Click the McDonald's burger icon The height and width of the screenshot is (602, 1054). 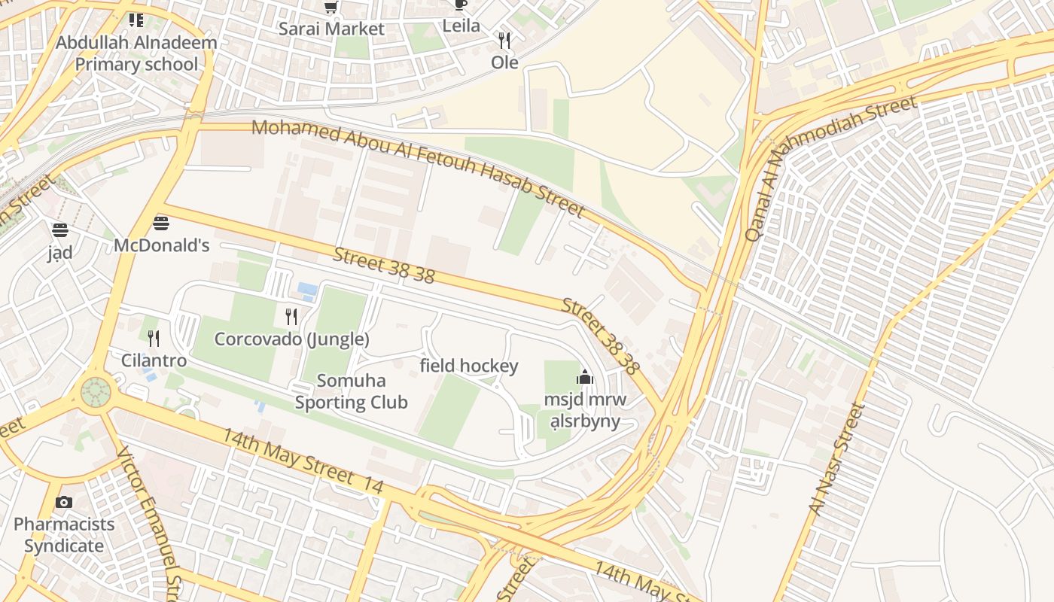pyautogui.click(x=160, y=223)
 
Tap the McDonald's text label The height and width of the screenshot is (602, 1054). pyautogui.click(x=161, y=245)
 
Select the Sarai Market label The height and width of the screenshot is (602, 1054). pyautogui.click(x=331, y=29)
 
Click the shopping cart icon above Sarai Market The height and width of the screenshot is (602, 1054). pyautogui.click(x=331, y=8)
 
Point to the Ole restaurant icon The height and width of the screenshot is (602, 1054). pyautogui.click(x=504, y=40)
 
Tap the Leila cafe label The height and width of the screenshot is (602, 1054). pyautogui.click(x=461, y=26)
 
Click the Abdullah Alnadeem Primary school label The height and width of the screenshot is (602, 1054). pyautogui.click(x=136, y=53)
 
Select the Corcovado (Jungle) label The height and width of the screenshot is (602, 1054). pyautogui.click(x=291, y=339)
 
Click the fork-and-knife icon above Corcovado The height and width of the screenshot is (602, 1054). pyautogui.click(x=291, y=316)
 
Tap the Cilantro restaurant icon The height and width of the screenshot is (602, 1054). pyautogui.click(x=154, y=338)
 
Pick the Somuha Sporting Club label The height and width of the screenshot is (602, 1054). pyautogui.click(x=351, y=391)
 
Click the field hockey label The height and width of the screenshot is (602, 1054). pyautogui.click(x=468, y=366)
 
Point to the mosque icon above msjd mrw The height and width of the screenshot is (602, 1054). pyautogui.click(x=585, y=377)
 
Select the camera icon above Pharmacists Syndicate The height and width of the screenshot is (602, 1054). pyautogui.click(x=64, y=502)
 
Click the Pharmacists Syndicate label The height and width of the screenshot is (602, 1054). pyautogui.click(x=64, y=535)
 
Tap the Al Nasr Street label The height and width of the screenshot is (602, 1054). pyautogui.click(x=837, y=460)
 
